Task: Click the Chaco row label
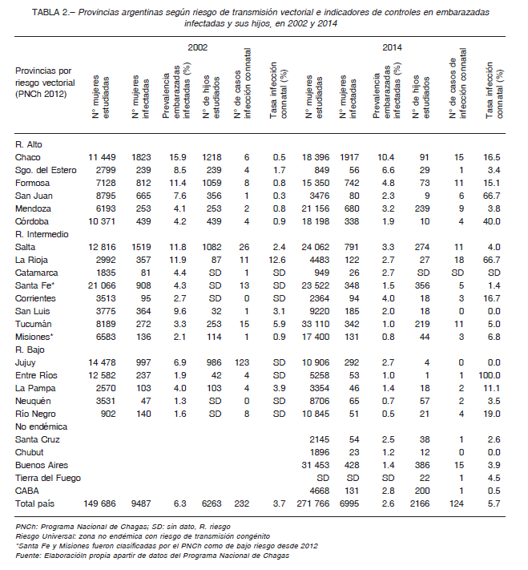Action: click(x=27, y=157)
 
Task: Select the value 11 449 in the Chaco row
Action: click(x=102, y=157)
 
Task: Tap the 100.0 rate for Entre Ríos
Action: click(x=489, y=375)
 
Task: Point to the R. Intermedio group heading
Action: click(x=42, y=234)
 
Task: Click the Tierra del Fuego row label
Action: click(x=47, y=478)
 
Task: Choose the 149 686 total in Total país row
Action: click(x=99, y=503)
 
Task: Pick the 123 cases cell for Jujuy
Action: click(x=242, y=363)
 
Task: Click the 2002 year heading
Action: click(x=198, y=47)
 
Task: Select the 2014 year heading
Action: click(x=392, y=47)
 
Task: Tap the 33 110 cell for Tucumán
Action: click(x=316, y=324)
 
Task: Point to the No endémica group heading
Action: click(x=41, y=426)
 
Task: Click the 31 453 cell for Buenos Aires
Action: click(x=316, y=465)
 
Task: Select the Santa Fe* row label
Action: click(x=34, y=285)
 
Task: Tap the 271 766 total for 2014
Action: click(x=313, y=503)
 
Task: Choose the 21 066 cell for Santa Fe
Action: click(x=102, y=285)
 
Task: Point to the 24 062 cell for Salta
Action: click(x=316, y=247)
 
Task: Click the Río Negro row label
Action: click(x=35, y=414)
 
